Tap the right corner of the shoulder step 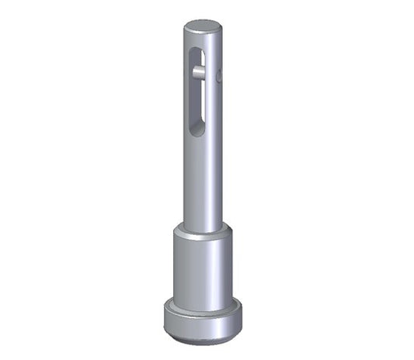click(231, 231)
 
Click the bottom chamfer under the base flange click(203, 338)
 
